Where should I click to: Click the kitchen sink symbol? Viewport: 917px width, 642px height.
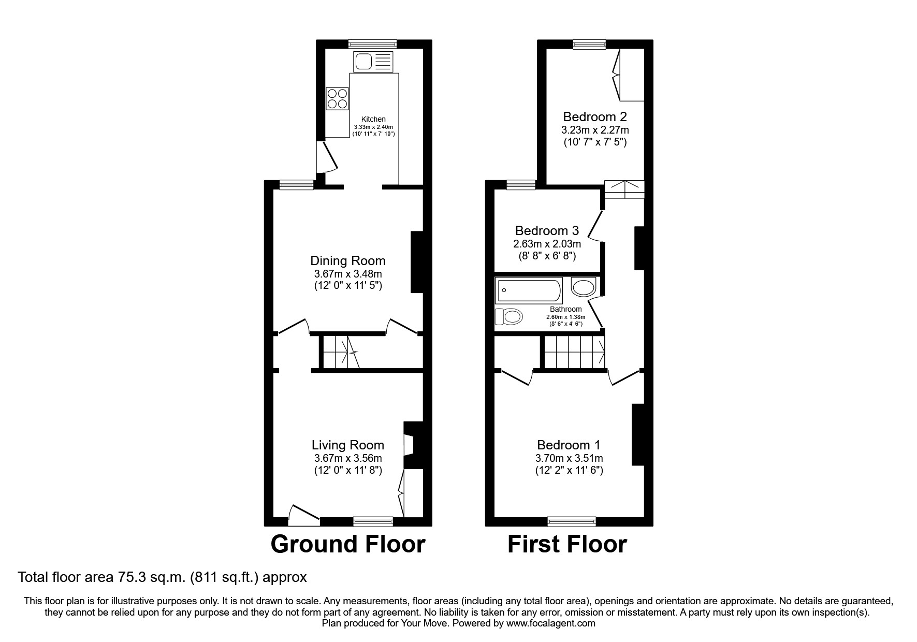[x=373, y=62]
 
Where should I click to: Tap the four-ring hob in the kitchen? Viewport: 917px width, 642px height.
[x=337, y=98]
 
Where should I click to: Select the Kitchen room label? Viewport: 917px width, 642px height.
[x=373, y=119]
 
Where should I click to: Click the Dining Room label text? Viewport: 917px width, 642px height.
[x=347, y=260]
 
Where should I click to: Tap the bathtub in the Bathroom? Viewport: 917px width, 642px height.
[x=529, y=291]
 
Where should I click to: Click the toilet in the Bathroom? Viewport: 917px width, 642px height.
[x=508, y=316]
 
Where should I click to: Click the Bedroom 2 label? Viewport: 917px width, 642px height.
[x=595, y=116]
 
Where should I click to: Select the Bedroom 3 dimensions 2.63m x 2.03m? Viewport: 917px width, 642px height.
[x=547, y=244]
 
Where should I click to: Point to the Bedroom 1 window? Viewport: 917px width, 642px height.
[x=572, y=521]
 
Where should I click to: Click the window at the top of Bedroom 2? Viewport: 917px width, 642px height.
[x=589, y=45]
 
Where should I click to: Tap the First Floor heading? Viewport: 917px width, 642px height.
[x=567, y=544]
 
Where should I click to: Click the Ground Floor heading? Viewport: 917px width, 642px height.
[x=347, y=544]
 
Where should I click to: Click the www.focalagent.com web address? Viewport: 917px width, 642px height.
[x=551, y=623]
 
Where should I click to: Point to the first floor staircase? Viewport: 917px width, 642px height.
[x=574, y=352]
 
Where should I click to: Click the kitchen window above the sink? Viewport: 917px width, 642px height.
[x=372, y=44]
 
